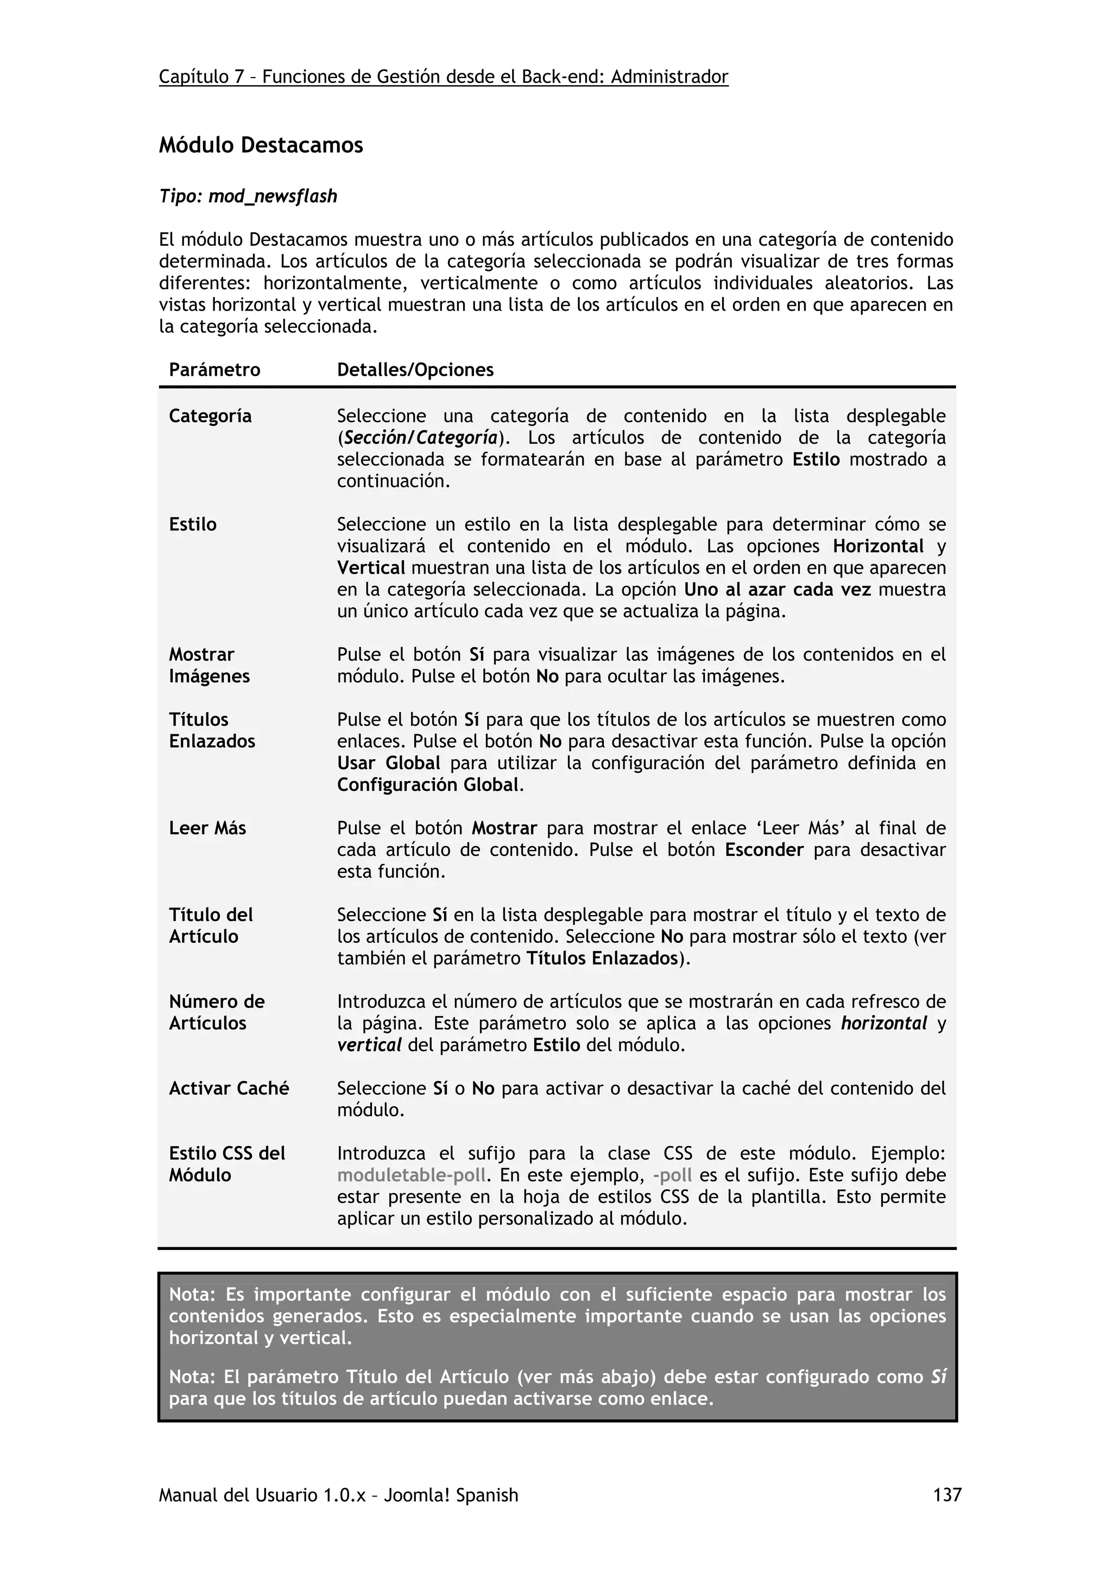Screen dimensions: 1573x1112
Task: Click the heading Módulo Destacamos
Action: pos(261,145)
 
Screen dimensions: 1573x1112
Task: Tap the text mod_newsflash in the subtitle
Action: pos(273,196)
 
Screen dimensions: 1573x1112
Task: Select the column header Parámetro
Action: pos(214,370)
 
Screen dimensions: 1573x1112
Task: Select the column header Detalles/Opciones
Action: pos(415,370)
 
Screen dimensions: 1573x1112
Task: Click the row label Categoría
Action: pos(210,416)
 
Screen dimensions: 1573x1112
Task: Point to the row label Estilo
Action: pos(193,524)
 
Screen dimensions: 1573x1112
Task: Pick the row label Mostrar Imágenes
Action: pos(209,665)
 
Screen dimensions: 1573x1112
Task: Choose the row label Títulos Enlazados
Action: pos(212,731)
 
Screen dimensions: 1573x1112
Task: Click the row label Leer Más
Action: pos(207,828)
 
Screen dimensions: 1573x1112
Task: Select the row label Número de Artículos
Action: pos(217,1013)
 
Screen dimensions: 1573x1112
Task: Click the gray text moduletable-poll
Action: pos(411,1175)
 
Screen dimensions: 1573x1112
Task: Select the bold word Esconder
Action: pos(764,849)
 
